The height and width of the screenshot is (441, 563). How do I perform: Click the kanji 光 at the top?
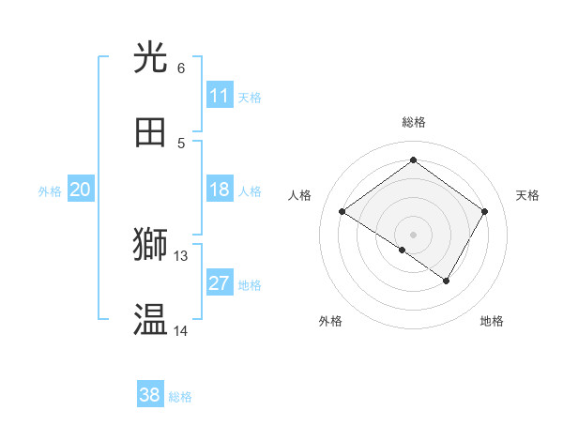tap(151, 58)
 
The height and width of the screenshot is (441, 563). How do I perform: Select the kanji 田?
tap(151, 132)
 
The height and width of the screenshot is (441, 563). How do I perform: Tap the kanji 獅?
tap(151, 245)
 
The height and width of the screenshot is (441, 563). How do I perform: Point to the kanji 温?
tap(151, 320)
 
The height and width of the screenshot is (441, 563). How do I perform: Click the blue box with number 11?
tap(220, 96)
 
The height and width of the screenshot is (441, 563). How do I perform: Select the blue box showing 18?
tap(220, 190)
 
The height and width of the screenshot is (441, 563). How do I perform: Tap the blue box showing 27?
tap(220, 283)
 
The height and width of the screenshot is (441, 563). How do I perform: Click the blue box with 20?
tap(80, 190)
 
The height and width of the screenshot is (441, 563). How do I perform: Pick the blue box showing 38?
tap(150, 395)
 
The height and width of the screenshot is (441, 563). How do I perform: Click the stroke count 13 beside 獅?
tap(181, 255)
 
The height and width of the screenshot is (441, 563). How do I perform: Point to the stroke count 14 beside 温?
tap(181, 330)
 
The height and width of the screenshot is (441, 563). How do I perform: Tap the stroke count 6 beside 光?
tap(181, 68)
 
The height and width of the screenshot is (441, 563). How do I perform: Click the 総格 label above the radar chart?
tap(414, 122)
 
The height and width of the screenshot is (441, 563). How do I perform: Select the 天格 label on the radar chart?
tap(527, 195)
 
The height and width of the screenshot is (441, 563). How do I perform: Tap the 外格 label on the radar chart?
tap(330, 321)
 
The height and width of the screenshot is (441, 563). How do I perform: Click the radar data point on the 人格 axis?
tap(342, 212)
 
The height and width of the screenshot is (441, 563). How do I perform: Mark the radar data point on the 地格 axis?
tap(447, 281)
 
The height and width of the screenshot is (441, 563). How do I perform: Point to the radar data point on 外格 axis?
tap(403, 250)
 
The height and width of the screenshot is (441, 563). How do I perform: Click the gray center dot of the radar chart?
tap(414, 234)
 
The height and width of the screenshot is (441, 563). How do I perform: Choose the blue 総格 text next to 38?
tap(180, 397)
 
